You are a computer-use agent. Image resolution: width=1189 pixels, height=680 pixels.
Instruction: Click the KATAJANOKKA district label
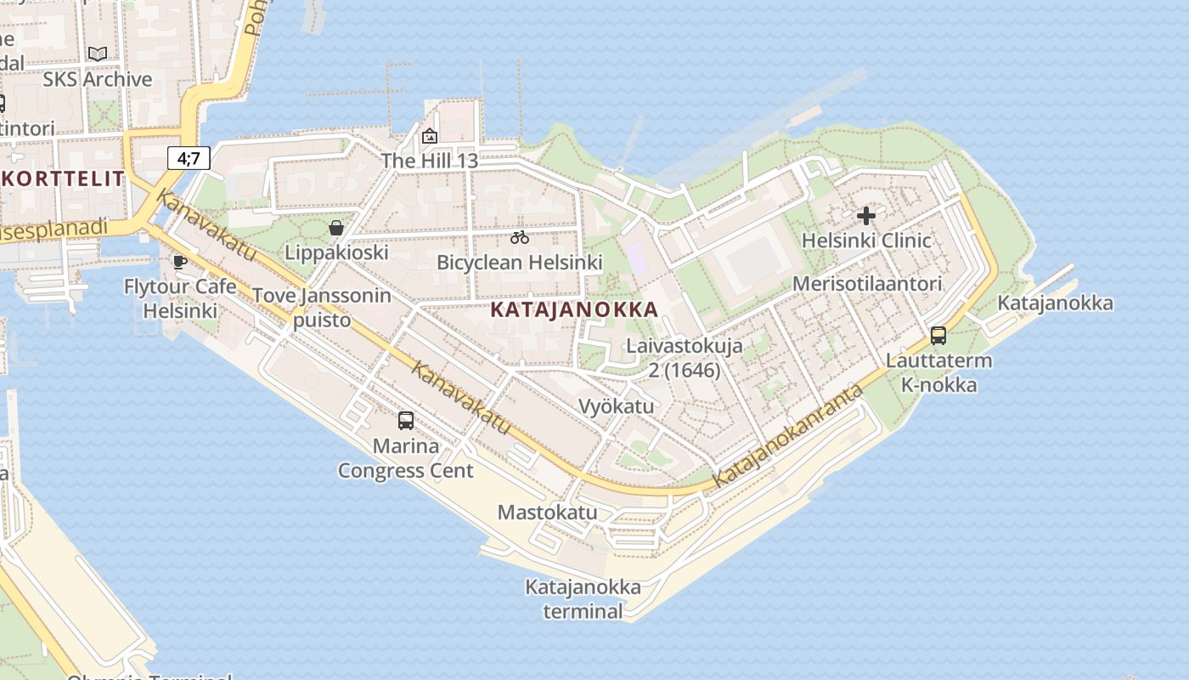(574, 309)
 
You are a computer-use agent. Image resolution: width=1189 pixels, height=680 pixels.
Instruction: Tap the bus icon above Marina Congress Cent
(406, 420)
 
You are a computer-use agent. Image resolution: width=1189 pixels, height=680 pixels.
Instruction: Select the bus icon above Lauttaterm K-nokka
(938, 335)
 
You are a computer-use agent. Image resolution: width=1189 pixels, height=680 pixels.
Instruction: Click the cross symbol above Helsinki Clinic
(866, 216)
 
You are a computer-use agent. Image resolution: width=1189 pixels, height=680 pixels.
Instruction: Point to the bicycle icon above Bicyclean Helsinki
(520, 237)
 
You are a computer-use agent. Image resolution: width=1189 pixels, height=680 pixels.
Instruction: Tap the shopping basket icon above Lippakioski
(336, 227)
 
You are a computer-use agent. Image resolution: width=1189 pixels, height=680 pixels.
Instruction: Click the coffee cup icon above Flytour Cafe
(179, 262)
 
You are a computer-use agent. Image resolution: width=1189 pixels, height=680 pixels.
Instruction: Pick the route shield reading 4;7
(189, 157)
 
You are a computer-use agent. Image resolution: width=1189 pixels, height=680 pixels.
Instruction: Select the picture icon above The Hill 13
(430, 136)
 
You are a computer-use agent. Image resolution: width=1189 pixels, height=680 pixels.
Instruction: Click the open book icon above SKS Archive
(98, 54)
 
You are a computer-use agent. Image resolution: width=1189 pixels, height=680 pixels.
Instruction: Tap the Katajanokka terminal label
(583, 598)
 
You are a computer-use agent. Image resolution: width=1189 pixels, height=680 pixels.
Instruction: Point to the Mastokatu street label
(547, 513)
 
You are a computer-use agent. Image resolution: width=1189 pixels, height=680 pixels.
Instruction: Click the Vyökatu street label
(616, 405)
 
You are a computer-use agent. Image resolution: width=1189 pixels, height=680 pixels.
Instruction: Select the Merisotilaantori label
(867, 283)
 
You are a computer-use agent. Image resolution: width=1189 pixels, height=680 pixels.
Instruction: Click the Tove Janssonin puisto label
(322, 308)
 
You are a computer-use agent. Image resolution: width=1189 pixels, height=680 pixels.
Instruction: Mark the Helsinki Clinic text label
(866, 241)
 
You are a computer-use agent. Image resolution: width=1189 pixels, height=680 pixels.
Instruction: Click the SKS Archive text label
(98, 79)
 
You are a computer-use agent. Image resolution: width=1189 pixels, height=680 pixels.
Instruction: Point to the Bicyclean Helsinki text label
(520, 263)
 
